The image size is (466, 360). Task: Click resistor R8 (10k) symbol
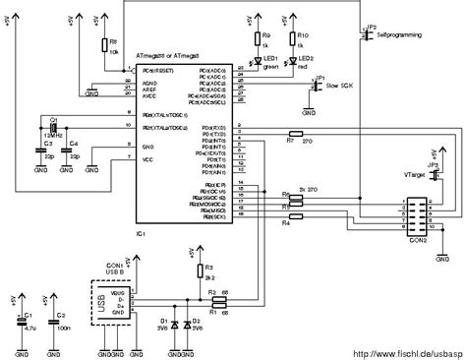tap(104, 44)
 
